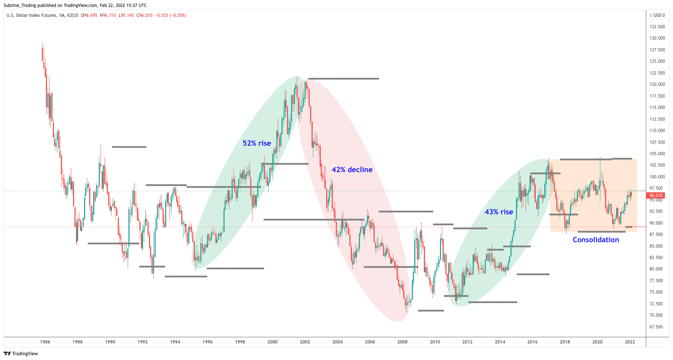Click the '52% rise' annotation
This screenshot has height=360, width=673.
click(257, 143)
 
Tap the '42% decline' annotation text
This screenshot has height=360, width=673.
click(352, 170)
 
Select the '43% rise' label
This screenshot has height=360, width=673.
click(499, 212)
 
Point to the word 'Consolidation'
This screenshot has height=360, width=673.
click(596, 240)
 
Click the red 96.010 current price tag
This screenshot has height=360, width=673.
click(656, 196)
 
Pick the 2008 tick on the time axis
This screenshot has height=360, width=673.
click(402, 342)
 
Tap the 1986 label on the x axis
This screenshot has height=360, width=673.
click(45, 342)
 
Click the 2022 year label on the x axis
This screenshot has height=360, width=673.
click(630, 342)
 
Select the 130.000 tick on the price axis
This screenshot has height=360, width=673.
click(657, 38)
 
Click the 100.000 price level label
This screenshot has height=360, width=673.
click(657, 177)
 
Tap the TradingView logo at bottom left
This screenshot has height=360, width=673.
click(21, 353)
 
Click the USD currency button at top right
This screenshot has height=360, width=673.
click(657, 15)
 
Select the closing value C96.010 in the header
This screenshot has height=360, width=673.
click(145, 15)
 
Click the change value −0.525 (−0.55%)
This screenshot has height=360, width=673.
click(171, 15)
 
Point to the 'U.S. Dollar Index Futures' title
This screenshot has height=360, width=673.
click(32, 15)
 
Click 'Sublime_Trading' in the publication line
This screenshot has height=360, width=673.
click(20, 5)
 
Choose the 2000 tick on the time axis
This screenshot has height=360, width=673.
click(272, 342)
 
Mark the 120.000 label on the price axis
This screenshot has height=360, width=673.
click(657, 84)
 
